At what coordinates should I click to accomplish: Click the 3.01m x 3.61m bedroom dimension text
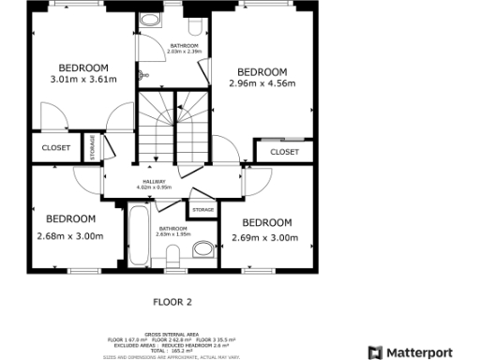click(x=84, y=80)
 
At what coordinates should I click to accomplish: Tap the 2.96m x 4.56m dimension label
click(x=262, y=84)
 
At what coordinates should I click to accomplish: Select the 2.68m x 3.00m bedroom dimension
click(x=70, y=236)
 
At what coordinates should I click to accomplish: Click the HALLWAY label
click(x=154, y=182)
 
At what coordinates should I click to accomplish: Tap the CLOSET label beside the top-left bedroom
click(x=56, y=147)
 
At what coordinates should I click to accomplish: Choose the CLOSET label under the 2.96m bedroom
click(x=284, y=152)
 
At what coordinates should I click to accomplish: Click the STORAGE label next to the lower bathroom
click(x=203, y=210)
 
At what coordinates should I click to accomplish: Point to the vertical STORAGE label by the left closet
click(x=92, y=148)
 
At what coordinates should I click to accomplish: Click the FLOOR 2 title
click(x=172, y=302)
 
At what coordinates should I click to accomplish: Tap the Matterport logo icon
click(x=375, y=352)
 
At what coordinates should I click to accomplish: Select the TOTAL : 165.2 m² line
click(x=172, y=350)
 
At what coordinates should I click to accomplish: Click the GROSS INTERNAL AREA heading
click(x=172, y=334)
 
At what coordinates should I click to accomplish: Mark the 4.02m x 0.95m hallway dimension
click(x=154, y=188)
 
